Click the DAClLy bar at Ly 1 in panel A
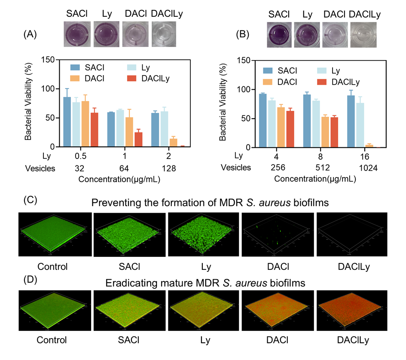click(x=139, y=140)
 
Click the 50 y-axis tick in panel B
click(x=246, y=119)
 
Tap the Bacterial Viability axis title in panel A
click(x=28, y=103)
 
